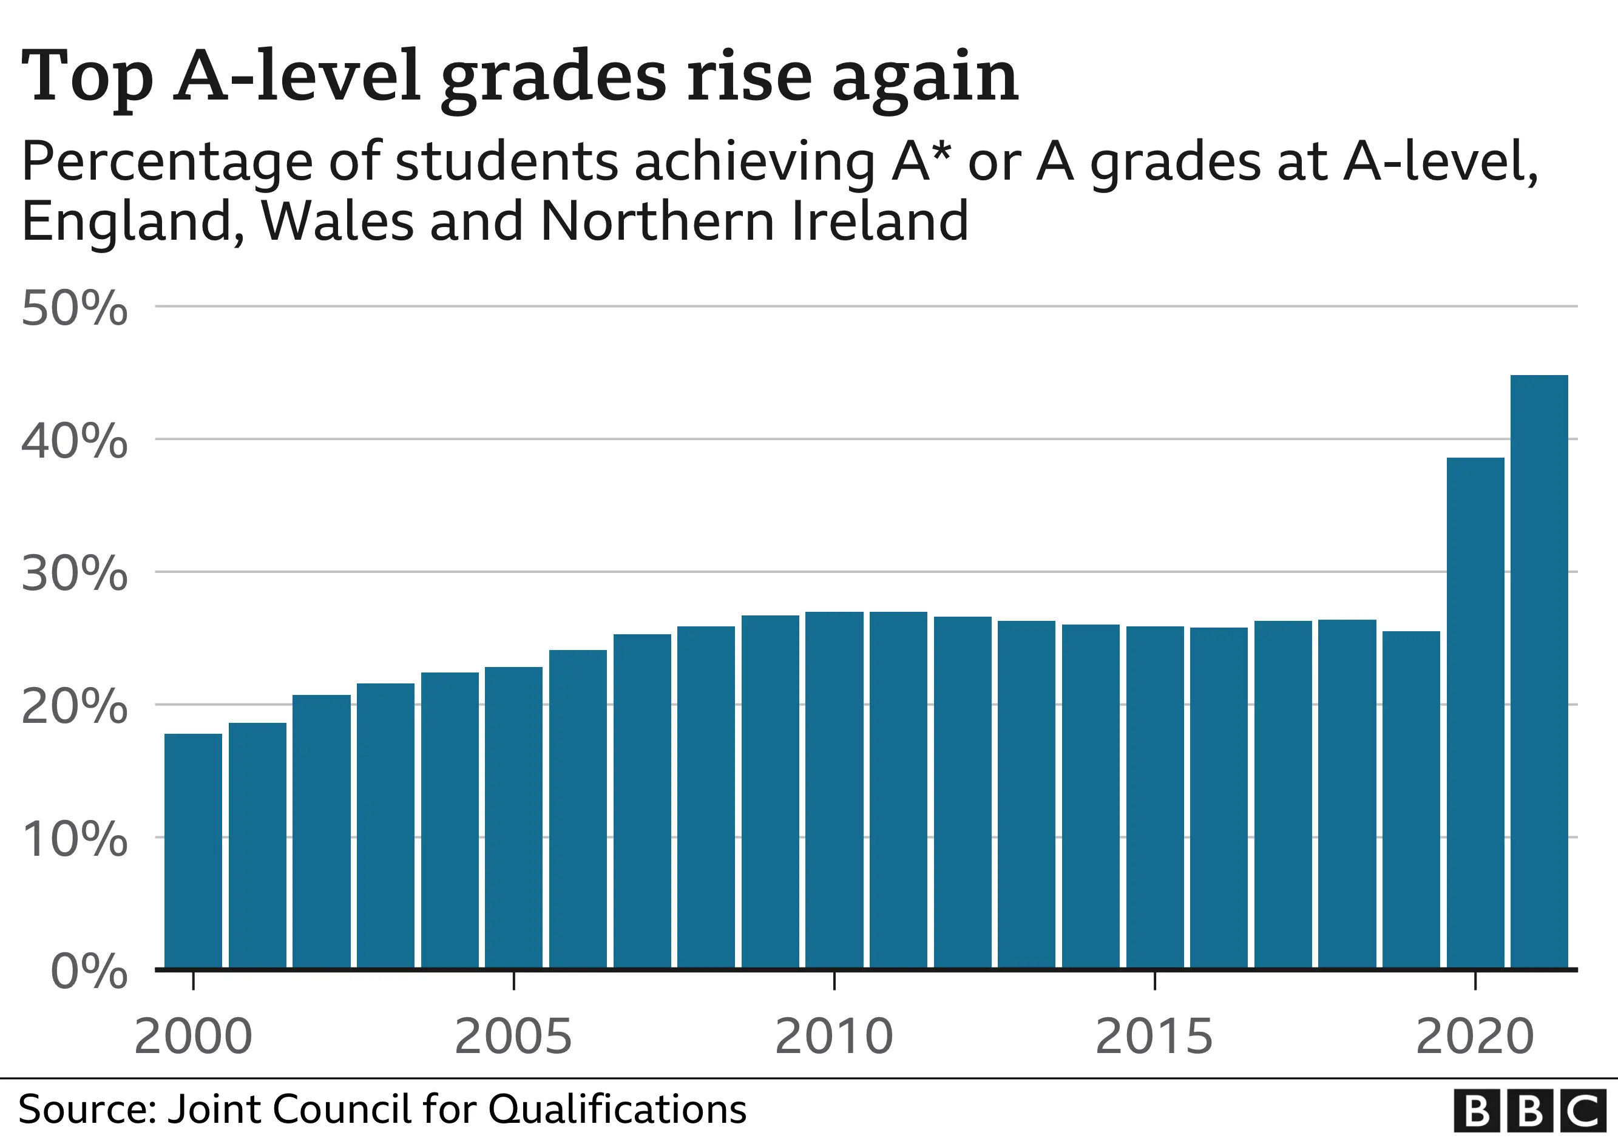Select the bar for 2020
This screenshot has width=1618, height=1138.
1475,713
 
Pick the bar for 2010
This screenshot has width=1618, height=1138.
834,790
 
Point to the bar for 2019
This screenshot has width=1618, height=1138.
1411,799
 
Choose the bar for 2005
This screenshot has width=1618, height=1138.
513,818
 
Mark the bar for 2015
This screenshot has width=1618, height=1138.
1155,797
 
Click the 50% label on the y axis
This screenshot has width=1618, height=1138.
75,309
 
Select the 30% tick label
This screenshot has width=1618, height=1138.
75,574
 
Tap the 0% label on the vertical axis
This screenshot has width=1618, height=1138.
89,972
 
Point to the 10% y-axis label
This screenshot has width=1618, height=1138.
75,839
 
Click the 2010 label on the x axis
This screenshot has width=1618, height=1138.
834,1037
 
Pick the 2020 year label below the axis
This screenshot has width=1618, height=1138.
1475,1037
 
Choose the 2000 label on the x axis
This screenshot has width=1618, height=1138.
193,1037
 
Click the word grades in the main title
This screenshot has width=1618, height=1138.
553,78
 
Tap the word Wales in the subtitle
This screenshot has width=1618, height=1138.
337,222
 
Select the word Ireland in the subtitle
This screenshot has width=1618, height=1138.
880,222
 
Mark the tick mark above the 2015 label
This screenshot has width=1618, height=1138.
1155,981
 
